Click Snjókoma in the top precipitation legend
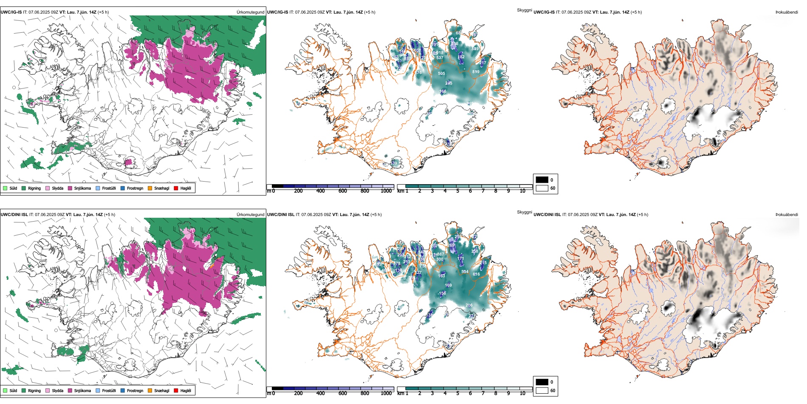(x=82, y=188)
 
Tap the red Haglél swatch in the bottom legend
(x=176, y=390)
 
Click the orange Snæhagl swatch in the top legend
(x=150, y=188)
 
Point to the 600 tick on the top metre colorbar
(x=343, y=191)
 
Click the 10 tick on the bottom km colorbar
(x=522, y=393)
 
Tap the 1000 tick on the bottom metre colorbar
(x=386, y=393)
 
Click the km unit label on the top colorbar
(x=401, y=191)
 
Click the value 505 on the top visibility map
(x=442, y=74)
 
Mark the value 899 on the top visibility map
(x=476, y=72)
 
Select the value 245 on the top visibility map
(x=449, y=83)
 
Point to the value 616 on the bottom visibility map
(x=476, y=274)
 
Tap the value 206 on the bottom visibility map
(x=469, y=305)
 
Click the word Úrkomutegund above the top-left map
(x=250, y=12)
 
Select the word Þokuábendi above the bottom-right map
(x=787, y=215)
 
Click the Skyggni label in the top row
(x=524, y=10)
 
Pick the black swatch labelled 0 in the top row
(x=542, y=180)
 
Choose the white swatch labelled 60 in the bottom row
(x=542, y=390)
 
